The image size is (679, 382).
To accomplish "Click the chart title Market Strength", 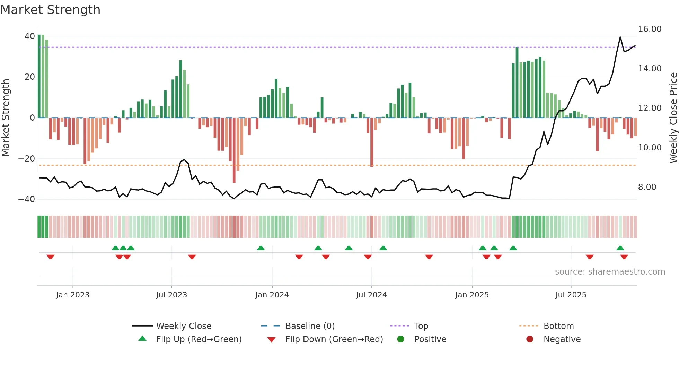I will point(50,10).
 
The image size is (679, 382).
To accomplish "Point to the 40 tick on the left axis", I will point(30,36).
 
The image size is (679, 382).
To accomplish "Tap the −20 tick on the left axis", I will point(27,159).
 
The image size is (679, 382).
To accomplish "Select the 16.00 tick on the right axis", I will point(650,29).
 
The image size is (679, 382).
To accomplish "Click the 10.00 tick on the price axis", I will point(650,148).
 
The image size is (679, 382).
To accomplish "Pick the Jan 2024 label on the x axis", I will point(272,295).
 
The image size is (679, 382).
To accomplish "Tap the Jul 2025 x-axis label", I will point(571,295).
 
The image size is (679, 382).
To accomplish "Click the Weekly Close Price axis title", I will point(673,118).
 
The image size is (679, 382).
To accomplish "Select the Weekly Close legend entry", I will point(183,326).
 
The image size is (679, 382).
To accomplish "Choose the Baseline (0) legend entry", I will point(310,326).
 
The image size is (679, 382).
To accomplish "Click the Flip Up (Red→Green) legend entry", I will point(199,339).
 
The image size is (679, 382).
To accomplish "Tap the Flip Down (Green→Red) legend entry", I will point(334,339).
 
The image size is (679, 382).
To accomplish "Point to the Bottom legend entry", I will point(558,326).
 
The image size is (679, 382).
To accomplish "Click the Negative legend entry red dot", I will point(530,339).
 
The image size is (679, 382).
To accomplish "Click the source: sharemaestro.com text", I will point(610,272).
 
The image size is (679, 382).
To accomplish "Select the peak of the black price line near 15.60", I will point(620,37).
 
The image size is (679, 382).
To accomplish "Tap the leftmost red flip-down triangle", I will point(51,257).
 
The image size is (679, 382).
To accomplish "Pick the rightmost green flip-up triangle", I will point(620,248).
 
